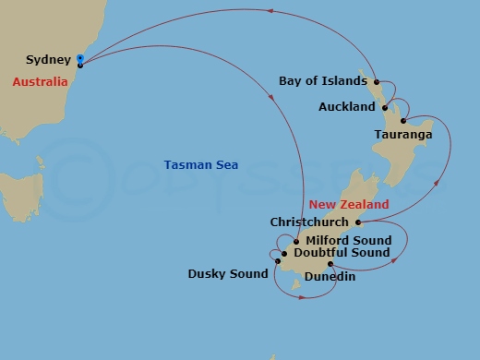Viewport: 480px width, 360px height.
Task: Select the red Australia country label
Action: click(40, 81)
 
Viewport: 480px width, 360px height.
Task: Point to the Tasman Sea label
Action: click(201, 165)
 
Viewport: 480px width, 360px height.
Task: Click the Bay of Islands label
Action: click(322, 81)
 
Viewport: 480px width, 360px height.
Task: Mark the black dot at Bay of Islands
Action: click(377, 81)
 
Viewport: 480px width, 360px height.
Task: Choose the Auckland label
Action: click(346, 107)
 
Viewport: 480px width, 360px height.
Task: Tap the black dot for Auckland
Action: click(385, 107)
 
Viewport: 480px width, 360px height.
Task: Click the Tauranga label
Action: click(403, 135)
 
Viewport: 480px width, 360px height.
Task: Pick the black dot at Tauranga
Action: click(403, 121)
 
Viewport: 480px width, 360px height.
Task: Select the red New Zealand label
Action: click(349, 204)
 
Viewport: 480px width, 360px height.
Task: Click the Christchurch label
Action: click(309, 222)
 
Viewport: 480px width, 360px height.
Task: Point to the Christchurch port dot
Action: click(358, 222)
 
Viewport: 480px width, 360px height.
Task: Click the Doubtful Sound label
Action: click(342, 253)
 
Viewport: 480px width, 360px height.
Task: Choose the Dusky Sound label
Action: click(228, 274)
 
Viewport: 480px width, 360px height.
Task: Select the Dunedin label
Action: click(330, 276)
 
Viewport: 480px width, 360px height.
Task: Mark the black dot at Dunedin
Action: click(330, 264)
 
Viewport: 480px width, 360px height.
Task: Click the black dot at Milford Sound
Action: click(296, 241)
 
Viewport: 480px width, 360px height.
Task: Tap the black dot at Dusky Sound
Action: click(277, 261)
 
